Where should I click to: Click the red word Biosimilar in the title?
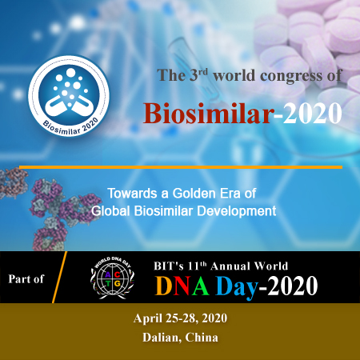tap(209, 113)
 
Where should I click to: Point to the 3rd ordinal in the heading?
tap(198, 75)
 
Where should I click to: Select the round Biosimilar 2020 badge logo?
tap(69, 96)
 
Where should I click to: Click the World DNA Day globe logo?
tap(112, 278)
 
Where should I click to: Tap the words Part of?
tap(26, 279)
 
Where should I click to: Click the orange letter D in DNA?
tap(164, 286)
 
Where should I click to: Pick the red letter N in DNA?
tap(182, 286)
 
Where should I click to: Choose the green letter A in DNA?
tap(200, 286)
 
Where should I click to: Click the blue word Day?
tap(237, 287)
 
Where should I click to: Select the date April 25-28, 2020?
tap(180, 318)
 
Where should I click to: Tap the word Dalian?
tap(162, 338)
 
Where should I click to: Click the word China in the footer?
tap(202, 338)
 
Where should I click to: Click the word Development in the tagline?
tap(237, 211)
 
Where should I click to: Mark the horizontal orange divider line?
tap(181, 167)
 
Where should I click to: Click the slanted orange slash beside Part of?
tap(59, 277)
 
